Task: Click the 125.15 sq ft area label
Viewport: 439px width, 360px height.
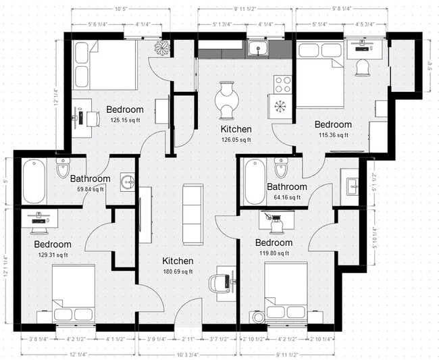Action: click(124, 121)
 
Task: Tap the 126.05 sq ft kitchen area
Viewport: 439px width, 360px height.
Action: click(236, 140)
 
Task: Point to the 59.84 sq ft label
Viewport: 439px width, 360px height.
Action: click(90, 190)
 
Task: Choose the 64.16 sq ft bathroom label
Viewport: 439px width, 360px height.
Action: click(286, 198)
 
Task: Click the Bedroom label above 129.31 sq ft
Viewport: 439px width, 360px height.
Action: click(53, 244)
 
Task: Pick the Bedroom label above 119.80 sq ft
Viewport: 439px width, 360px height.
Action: click(274, 242)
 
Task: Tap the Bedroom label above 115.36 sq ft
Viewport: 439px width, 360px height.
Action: click(333, 124)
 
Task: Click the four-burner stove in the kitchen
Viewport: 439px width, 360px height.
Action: click(282, 84)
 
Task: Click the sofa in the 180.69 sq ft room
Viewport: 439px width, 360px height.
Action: click(192, 213)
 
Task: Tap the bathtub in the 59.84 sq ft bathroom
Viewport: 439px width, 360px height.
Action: click(33, 180)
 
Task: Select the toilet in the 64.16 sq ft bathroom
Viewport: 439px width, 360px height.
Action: click(281, 168)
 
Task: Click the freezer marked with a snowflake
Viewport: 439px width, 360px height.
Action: click(278, 107)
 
